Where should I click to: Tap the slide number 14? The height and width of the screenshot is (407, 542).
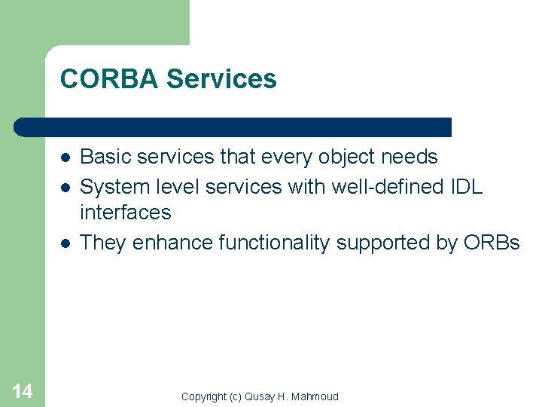(x=23, y=390)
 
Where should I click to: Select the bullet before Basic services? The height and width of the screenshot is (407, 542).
(x=66, y=158)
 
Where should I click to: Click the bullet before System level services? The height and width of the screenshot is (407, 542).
(x=66, y=187)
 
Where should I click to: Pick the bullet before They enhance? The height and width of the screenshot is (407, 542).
(x=66, y=243)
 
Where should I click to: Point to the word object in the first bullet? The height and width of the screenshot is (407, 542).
(x=343, y=158)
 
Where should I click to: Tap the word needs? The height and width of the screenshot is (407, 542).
(x=410, y=157)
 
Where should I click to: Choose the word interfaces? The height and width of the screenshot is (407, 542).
(x=125, y=213)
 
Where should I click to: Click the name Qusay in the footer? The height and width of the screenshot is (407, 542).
(x=260, y=396)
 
